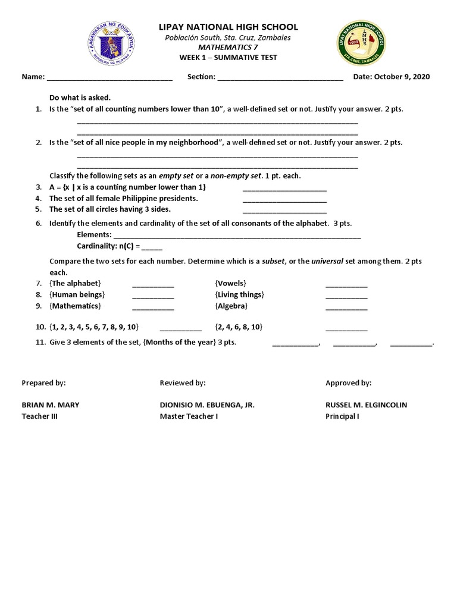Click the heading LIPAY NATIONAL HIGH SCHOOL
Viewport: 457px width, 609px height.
228,27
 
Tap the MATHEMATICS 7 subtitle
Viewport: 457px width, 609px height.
228,47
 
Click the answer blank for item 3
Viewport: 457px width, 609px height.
284,190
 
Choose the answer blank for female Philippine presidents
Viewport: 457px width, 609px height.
284,201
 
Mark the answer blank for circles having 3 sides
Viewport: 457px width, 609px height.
284,212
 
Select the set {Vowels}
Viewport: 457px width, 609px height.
230,283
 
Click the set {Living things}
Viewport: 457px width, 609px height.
239,294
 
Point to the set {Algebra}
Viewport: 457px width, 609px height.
231,306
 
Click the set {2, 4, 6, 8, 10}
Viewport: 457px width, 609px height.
239,327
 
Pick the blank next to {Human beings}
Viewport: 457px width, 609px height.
153,297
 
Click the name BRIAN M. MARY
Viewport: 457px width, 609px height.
51,405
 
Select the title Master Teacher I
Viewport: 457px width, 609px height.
189,416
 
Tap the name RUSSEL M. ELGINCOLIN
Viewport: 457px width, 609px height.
366,405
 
